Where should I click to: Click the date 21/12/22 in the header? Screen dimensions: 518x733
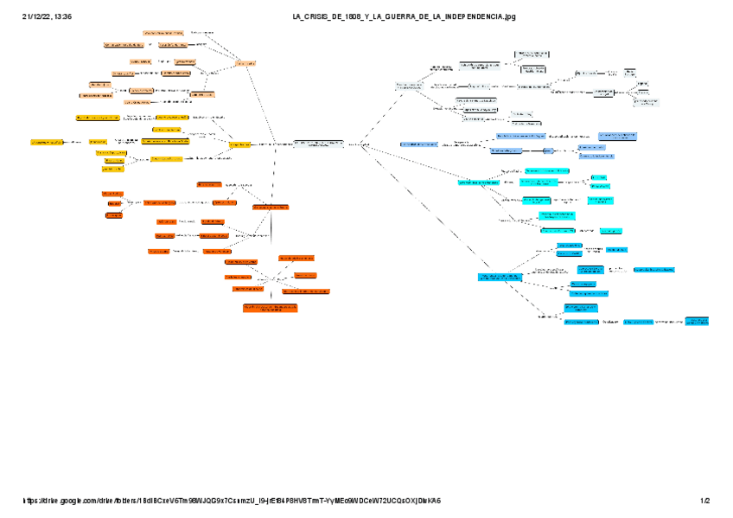(x=35, y=16)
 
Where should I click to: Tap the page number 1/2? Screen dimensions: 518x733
(x=705, y=501)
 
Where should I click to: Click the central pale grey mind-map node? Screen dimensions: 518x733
(x=318, y=144)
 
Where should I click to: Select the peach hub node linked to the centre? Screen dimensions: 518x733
(x=245, y=62)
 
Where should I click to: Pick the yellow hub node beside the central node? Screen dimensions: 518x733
(x=239, y=144)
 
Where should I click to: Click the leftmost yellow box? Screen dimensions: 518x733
(x=47, y=141)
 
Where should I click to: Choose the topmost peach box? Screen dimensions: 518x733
(x=163, y=32)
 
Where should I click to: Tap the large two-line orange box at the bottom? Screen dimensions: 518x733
(x=271, y=308)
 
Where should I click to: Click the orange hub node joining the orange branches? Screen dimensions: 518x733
(x=271, y=208)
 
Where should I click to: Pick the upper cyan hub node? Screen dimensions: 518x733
(x=478, y=182)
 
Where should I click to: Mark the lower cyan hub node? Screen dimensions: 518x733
(x=500, y=277)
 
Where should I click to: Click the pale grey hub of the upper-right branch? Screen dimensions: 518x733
(x=409, y=86)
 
